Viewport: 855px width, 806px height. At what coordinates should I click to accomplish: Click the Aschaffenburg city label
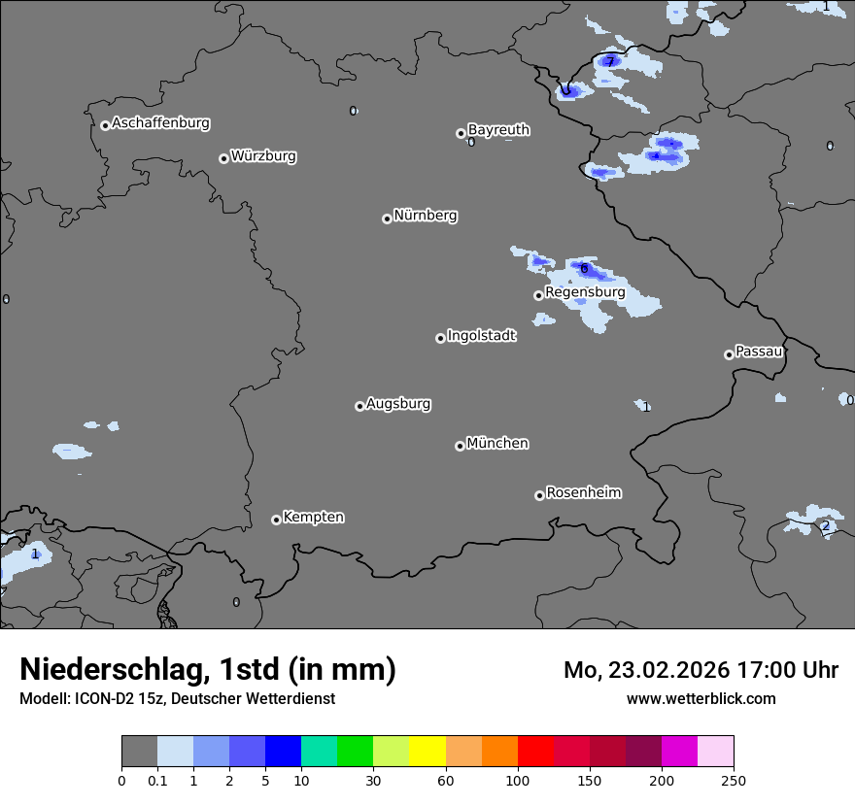click(160, 123)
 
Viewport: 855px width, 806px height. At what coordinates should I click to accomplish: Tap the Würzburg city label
click(263, 156)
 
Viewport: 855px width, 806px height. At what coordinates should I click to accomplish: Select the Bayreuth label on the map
click(498, 130)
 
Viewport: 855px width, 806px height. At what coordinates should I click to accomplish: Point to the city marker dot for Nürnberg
click(387, 218)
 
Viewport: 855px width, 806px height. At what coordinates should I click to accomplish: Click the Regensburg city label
click(585, 292)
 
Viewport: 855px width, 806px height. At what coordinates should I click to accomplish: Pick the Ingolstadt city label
click(481, 336)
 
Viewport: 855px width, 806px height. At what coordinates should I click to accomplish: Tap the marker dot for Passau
click(729, 354)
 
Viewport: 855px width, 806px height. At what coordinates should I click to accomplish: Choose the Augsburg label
click(398, 404)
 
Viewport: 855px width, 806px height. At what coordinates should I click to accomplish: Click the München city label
click(497, 444)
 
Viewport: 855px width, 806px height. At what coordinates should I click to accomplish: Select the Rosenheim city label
click(583, 493)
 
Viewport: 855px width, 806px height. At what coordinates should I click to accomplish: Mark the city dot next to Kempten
click(276, 520)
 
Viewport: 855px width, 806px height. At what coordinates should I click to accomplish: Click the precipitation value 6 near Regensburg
click(584, 268)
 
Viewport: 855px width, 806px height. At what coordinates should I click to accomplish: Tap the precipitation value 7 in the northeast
click(610, 61)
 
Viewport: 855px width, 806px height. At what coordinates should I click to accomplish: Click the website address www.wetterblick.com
click(701, 698)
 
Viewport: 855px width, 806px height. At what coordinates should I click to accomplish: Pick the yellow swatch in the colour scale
click(427, 752)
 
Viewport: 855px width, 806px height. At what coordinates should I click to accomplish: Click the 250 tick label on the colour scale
click(734, 780)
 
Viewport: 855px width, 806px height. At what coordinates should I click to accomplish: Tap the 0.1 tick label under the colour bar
click(157, 780)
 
